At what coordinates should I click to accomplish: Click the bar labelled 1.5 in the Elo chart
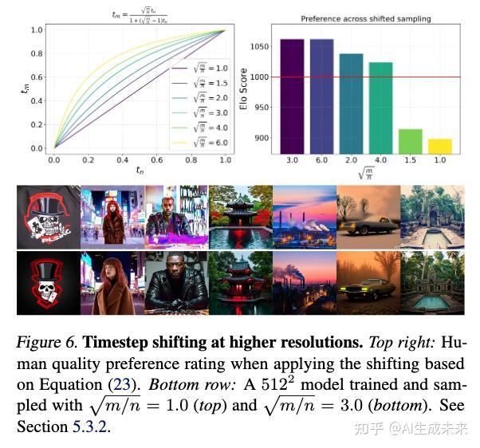point(411,141)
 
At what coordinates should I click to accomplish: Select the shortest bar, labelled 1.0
point(439,146)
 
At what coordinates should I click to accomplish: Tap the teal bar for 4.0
point(380,108)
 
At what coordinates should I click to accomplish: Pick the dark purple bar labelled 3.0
point(292,96)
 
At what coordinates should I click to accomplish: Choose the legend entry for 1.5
point(199,82)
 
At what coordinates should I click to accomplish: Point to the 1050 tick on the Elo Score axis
point(260,48)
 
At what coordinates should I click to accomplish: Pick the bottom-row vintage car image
point(368,283)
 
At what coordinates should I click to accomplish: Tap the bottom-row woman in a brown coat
point(112,283)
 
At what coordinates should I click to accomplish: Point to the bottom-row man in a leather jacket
point(175,283)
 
